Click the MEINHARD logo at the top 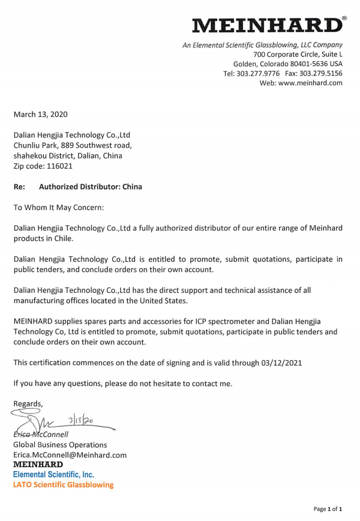pyautogui.click(x=267, y=25)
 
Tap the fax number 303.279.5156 pyautogui.click(x=323, y=73)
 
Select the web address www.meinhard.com pyautogui.click(x=310, y=83)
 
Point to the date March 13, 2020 pyautogui.click(x=40, y=114)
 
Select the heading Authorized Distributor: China pyautogui.click(x=91, y=187)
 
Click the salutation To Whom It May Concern pyautogui.click(x=59, y=207)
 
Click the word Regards pyautogui.click(x=28, y=403)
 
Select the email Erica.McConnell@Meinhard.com pyautogui.click(x=70, y=455)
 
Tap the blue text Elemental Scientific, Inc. pyautogui.click(x=53, y=474)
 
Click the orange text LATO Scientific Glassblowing pyautogui.click(x=63, y=484)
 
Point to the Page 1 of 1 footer pyautogui.click(x=328, y=509)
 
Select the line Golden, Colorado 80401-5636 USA pyautogui.click(x=287, y=64)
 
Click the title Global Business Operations pyautogui.click(x=60, y=445)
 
